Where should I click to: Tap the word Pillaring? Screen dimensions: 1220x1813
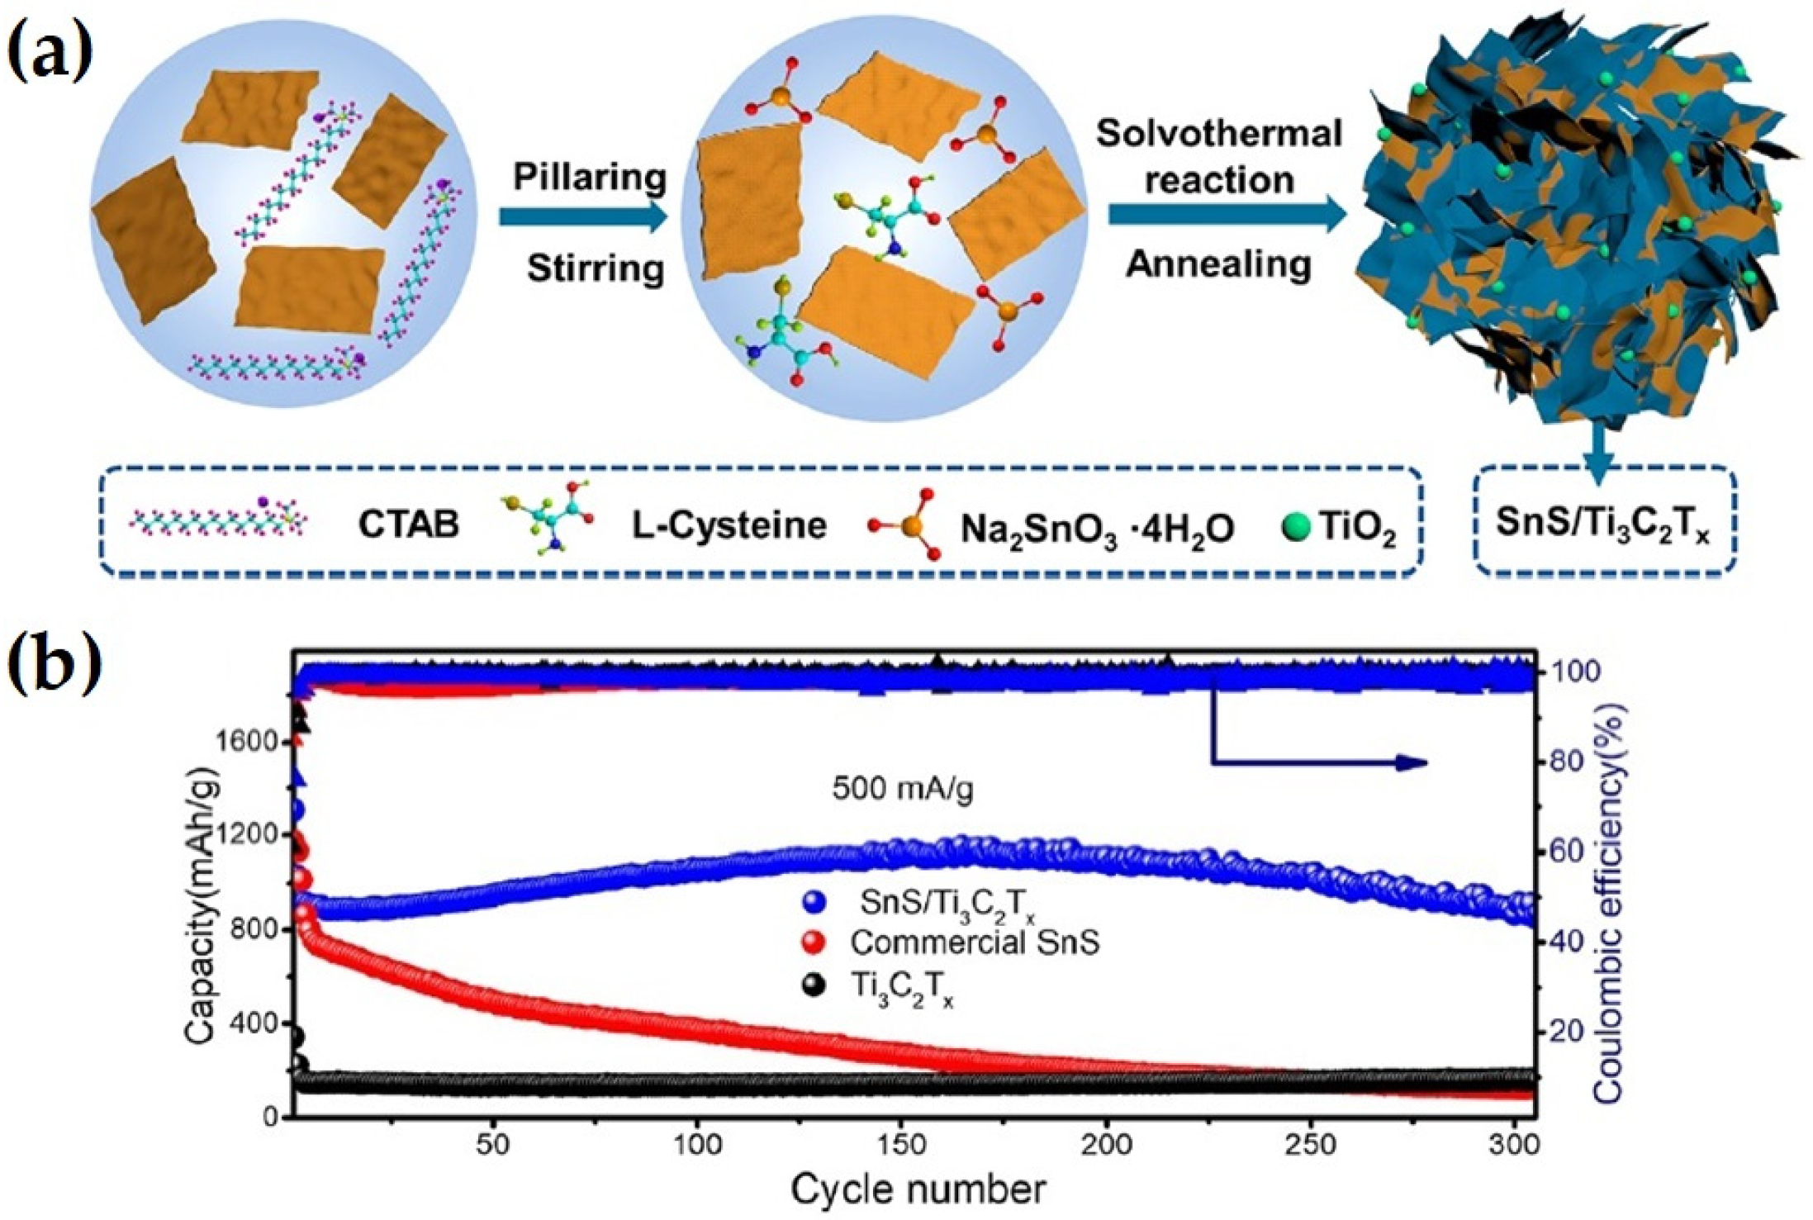pos(589,177)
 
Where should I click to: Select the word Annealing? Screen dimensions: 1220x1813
pos(1218,264)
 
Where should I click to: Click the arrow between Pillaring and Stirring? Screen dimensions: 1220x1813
pos(582,218)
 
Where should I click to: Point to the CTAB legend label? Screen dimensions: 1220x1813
pos(408,524)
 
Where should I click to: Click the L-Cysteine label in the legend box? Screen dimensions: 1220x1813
pos(729,525)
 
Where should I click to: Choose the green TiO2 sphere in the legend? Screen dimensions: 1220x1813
pos(1298,525)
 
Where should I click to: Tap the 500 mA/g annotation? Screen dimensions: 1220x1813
pos(902,788)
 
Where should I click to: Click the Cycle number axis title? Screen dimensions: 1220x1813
pos(917,1189)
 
